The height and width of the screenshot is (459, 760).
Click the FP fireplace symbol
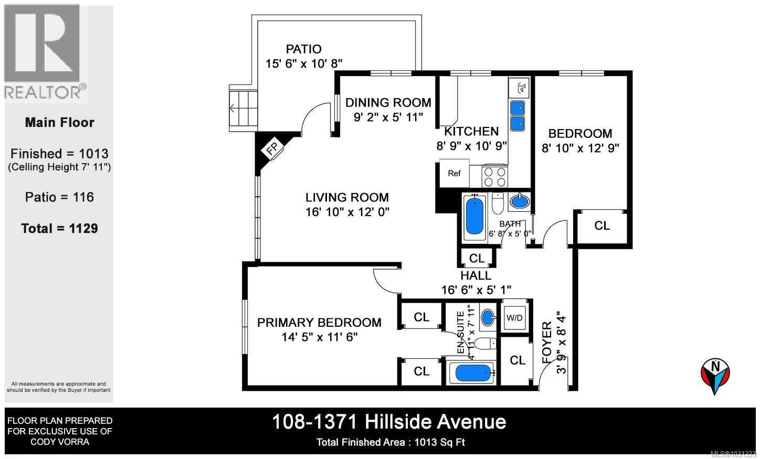coord(272,150)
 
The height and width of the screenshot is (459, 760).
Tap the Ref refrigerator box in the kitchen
coord(454,173)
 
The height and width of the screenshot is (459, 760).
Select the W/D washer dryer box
coord(514,317)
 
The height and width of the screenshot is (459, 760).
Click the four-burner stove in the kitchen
coord(495,176)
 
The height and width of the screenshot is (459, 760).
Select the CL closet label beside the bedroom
coord(602,226)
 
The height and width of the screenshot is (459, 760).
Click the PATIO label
coord(303,49)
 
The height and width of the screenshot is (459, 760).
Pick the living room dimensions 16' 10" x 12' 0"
coord(347,212)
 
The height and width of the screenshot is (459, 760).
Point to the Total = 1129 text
coord(59,229)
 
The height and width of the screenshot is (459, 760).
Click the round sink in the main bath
coord(520,201)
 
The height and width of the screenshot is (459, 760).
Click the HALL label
coord(476,275)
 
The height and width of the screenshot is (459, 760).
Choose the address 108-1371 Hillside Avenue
coord(388,422)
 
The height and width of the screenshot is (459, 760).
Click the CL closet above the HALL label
coord(477,258)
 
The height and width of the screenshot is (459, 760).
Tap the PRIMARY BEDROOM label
coord(319,323)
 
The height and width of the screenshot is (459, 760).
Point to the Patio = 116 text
coord(59,197)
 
